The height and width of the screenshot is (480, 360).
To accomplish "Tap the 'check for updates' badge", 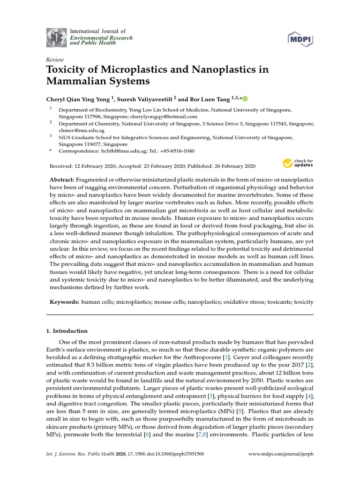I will click(x=298, y=163).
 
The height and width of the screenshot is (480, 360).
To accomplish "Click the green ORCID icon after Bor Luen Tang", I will click(x=245, y=98).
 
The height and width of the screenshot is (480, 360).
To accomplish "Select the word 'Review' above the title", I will click(x=54, y=60).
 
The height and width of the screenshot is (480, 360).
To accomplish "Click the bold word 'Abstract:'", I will click(x=62, y=180).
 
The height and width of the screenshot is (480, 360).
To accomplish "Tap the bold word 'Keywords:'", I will click(x=64, y=302).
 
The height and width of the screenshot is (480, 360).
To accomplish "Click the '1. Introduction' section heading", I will click(x=67, y=330).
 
